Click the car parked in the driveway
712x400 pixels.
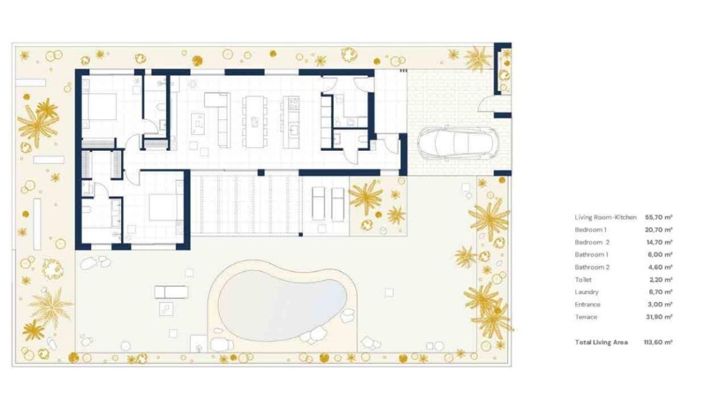coord(457,143)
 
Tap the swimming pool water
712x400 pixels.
coord(282,304)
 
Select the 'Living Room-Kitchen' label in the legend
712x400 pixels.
coord(606,217)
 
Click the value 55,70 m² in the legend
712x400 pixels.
coord(658,217)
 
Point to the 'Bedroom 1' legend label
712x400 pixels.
coord(590,230)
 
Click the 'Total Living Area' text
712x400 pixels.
coord(601,342)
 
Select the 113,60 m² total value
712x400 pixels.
coord(658,342)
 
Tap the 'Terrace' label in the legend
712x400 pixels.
coord(586,317)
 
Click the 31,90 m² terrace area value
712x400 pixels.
coord(659,317)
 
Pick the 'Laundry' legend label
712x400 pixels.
coord(586,292)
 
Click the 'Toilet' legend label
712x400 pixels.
coord(583,279)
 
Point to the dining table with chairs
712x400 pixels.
coord(254,121)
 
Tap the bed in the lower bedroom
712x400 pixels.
coord(165,207)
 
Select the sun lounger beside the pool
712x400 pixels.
coord(171,292)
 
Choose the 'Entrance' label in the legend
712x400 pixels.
coord(588,304)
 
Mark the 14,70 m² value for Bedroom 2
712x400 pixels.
coord(659,242)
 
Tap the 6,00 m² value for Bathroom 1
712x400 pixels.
coord(659,254)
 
